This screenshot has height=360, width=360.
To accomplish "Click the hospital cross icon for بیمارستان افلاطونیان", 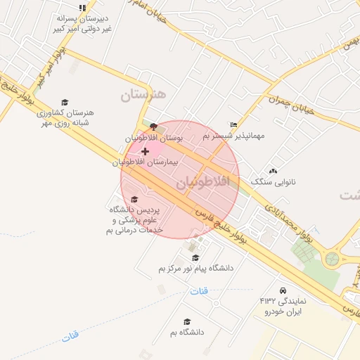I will point(145,151).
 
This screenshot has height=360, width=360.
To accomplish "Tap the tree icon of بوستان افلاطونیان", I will point(153,126).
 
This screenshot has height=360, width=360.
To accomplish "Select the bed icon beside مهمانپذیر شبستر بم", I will point(234,124).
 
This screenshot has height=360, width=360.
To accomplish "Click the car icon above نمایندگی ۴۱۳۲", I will point(283,290).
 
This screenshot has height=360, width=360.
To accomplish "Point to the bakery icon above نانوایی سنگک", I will point(273,171).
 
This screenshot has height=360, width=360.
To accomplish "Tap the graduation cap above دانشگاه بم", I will point(186,321).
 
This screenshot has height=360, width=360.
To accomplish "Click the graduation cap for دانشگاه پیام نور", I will point(195,258).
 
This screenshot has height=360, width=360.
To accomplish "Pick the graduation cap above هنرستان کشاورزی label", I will point(65,102).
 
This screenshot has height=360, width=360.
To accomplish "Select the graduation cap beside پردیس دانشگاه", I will point(135,200).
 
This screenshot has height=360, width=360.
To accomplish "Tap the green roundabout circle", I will point(330,259).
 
